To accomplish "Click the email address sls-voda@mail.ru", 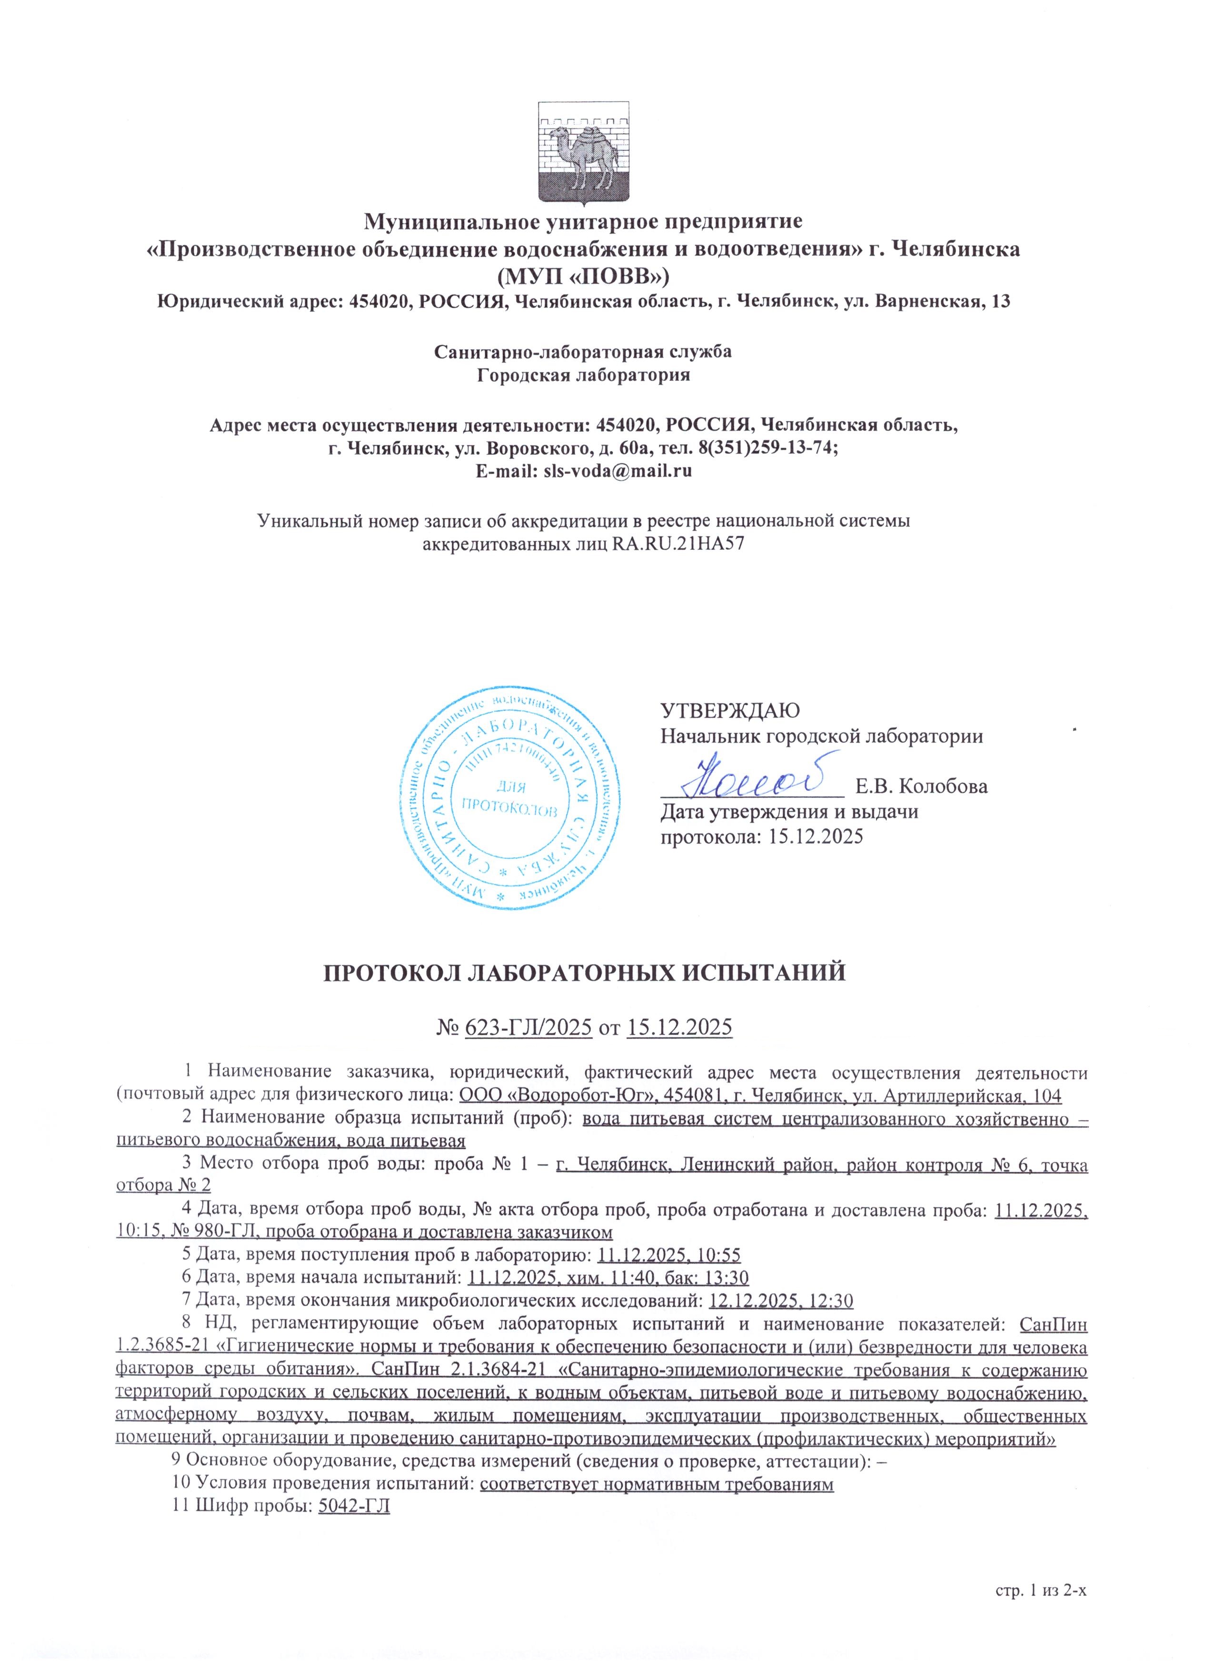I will pyautogui.click(x=617, y=471).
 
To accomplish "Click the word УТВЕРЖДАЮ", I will pyautogui.click(x=729, y=711).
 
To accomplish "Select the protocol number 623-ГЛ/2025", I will pyautogui.click(x=529, y=1027).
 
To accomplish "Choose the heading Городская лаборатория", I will pyautogui.click(x=584, y=375).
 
